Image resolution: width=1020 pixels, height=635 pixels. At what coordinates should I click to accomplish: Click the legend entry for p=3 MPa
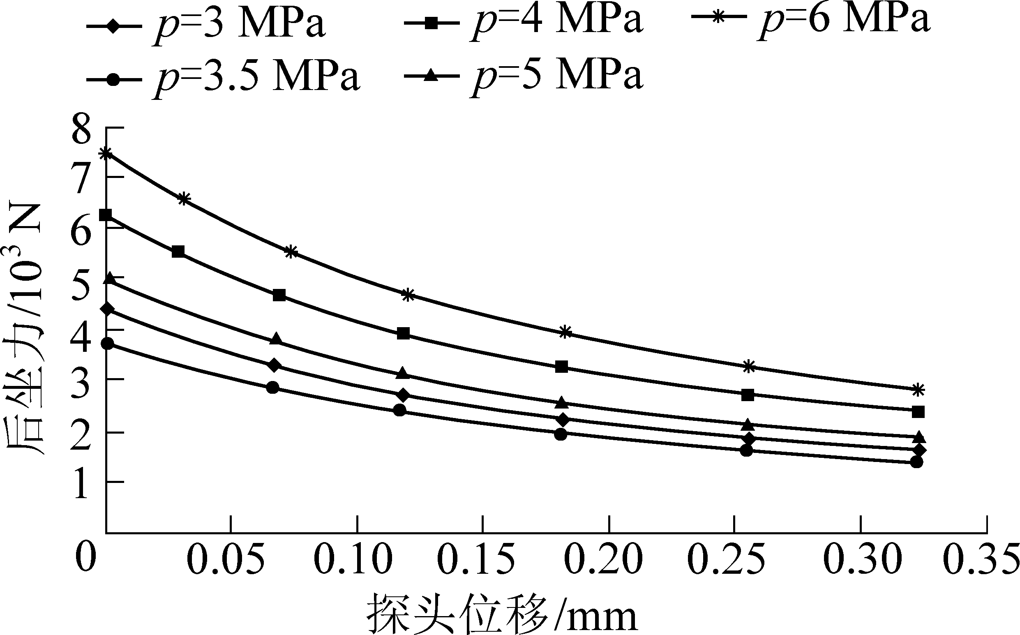point(206,24)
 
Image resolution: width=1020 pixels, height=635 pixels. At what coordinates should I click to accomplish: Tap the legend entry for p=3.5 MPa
point(223,77)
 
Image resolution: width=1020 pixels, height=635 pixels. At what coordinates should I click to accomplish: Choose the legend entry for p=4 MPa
point(523,24)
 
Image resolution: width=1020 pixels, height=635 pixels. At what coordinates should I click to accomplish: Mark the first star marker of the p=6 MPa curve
point(107,153)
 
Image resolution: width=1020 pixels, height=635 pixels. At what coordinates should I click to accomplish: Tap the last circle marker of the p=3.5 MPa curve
point(916,462)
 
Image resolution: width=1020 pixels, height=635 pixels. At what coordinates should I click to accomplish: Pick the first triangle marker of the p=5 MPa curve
point(110,278)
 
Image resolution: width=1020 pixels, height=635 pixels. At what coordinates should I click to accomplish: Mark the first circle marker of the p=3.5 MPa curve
point(108,344)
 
